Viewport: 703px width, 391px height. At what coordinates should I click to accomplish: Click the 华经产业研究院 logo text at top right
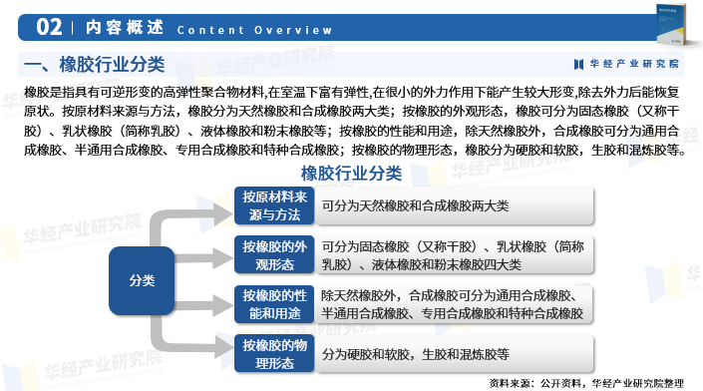(x=634, y=64)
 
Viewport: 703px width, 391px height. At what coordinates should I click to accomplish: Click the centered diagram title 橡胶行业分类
(x=351, y=173)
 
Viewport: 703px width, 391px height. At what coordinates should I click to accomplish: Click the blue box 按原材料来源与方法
(x=274, y=205)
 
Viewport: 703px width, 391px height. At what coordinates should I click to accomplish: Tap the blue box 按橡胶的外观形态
(x=274, y=254)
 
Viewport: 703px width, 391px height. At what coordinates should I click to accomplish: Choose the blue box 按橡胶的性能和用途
(x=274, y=304)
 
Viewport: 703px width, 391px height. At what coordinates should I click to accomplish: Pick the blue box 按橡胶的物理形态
(x=274, y=353)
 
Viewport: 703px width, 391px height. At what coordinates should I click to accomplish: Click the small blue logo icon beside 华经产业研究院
(x=579, y=64)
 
